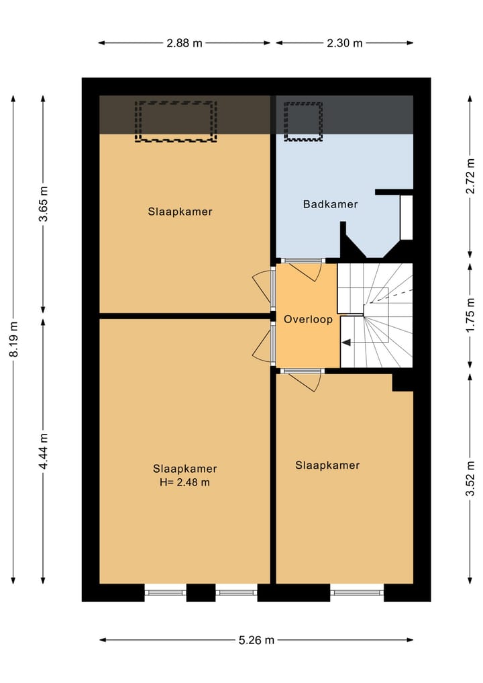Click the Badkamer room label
pos(330,204)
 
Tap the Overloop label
pos(308,319)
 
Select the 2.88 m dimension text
pos(184,43)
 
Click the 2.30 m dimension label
pos(345,43)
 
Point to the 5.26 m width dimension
pos(256,640)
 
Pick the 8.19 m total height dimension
pos(14,339)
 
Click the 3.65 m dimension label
pos(44,204)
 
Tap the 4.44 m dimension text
pos(44,451)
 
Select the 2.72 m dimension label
pos(470,176)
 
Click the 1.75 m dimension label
pos(470,316)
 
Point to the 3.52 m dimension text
pos(470,478)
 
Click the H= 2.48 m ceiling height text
pos(185,482)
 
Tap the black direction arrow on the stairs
pos(346,343)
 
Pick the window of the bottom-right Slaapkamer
pos(357,592)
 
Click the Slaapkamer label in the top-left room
pos(180,212)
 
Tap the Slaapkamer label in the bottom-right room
pos(327,465)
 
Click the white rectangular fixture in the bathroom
pos(406,218)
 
